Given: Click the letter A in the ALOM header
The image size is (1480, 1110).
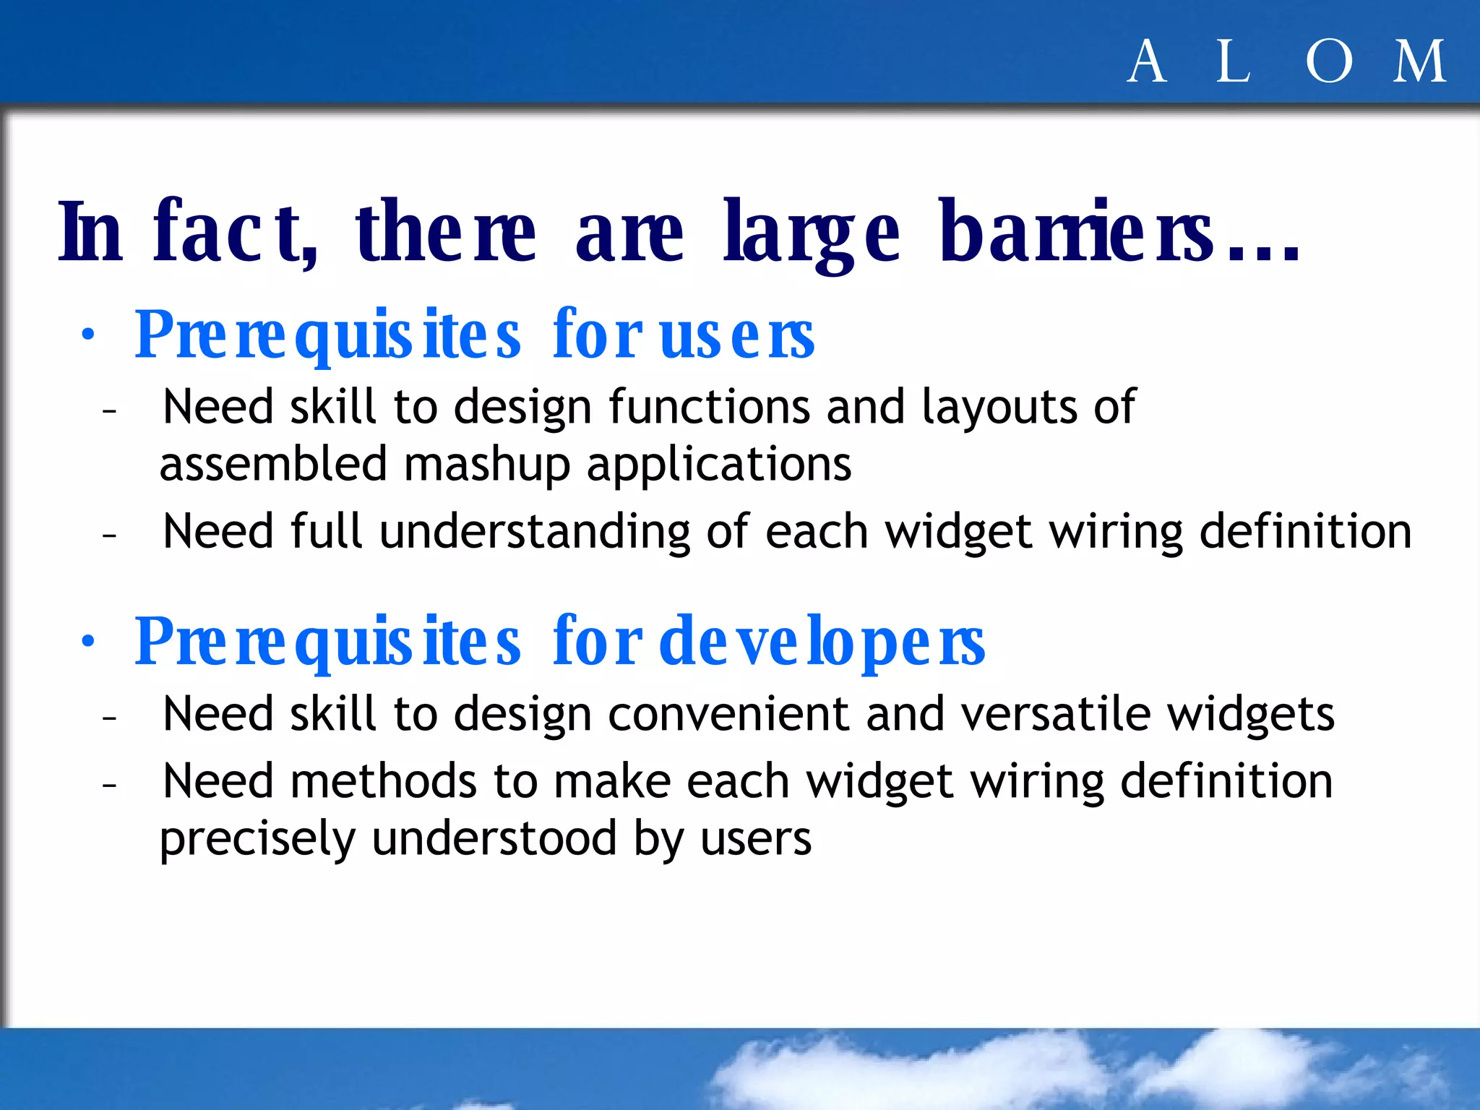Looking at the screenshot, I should (1147, 62).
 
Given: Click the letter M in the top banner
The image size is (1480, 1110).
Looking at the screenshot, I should (1420, 62).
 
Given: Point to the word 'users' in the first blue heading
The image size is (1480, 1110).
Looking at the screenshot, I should (736, 336).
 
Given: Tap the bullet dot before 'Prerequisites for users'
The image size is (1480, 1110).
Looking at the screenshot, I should (88, 335).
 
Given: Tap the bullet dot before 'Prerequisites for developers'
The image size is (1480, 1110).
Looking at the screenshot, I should (88, 642).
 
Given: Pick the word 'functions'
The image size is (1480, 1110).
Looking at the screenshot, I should (709, 407).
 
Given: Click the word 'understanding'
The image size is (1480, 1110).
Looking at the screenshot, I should (534, 533).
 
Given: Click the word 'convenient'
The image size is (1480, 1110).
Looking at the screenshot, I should (728, 715).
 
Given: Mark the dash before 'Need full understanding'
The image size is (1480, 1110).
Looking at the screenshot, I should (110, 535).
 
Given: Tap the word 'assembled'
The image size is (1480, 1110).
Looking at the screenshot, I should (273, 465).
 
